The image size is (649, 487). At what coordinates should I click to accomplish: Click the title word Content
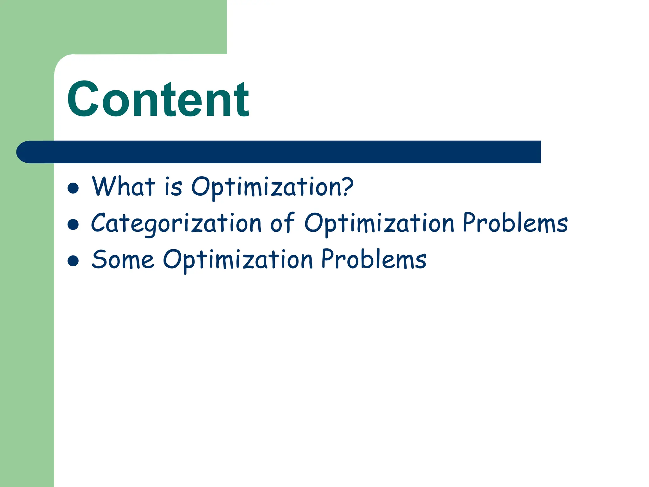click(x=158, y=100)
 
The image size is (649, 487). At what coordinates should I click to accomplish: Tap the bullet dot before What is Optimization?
click(x=73, y=188)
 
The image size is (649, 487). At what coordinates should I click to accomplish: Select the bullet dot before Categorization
click(x=73, y=224)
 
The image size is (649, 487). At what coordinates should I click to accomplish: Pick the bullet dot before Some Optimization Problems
click(x=73, y=261)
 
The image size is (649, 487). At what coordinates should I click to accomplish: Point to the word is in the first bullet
click(x=173, y=187)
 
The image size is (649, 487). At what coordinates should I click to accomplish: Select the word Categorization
click(x=176, y=224)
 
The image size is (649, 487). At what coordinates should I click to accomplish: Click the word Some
click(x=123, y=260)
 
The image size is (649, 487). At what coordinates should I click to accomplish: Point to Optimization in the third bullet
click(x=238, y=260)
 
